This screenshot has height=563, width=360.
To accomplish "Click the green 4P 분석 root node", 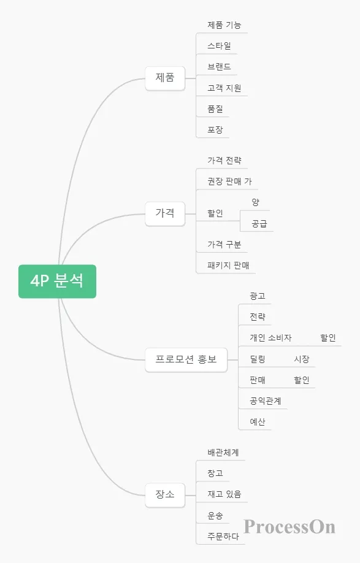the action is point(58,281).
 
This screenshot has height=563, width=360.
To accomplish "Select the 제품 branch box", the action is point(165,78).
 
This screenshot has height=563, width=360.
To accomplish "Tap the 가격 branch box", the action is point(165,213).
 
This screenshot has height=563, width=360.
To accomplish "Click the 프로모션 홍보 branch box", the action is point(186,360).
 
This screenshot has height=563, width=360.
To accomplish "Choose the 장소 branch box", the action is point(165,495).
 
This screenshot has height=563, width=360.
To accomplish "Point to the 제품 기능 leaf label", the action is point(224,25).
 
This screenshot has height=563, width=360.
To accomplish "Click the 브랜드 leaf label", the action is point(220,67).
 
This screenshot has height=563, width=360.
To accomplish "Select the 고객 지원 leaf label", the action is point(224,88).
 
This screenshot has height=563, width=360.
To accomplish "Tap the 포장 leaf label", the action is point(215,129).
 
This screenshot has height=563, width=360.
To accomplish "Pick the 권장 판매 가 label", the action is point(230,182).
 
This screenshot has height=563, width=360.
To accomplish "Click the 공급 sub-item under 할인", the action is point(259,224).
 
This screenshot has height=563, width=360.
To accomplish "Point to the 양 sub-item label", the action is point(256,202).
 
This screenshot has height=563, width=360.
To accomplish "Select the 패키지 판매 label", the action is point(228,266).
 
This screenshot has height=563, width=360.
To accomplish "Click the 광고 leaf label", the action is point(258,296).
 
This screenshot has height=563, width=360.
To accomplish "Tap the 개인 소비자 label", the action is point(271,338).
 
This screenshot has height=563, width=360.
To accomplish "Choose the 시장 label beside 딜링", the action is point(302,359).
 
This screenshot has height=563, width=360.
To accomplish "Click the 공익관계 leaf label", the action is point(266,401).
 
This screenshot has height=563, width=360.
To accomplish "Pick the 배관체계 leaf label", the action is point(223,453).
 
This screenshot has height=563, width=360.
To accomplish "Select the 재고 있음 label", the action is point(224,494).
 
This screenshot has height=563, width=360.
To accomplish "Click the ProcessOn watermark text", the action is point(289,527).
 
